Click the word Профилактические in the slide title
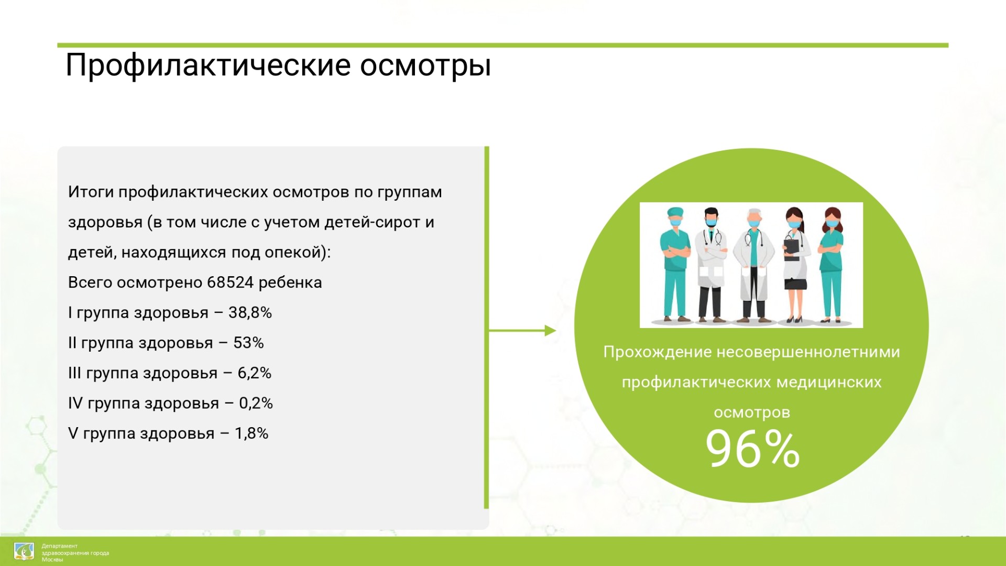point(208,67)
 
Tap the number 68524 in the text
point(231,282)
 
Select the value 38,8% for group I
point(250,313)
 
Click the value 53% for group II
point(248,343)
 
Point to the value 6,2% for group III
point(254,373)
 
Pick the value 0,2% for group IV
point(256,403)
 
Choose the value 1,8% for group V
point(251,433)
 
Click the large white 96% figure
point(752,449)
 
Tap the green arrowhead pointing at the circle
point(550,331)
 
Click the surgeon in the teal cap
point(675,264)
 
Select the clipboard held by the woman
point(791,249)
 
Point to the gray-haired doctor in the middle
point(753,265)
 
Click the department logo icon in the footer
point(24,551)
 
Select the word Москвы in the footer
point(52,560)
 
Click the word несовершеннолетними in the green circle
point(808,352)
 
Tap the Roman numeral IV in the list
point(75,403)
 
